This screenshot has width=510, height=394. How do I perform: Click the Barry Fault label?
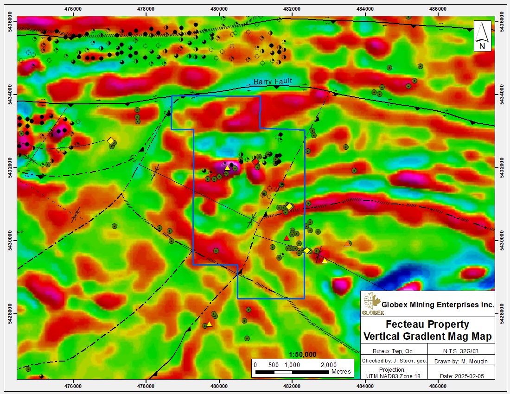point(273,82)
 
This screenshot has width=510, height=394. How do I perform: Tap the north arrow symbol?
point(482,36)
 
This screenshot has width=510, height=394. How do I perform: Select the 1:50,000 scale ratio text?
point(302,355)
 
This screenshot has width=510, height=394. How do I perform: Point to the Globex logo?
point(371,304)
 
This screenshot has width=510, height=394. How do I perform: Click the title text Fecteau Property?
point(427,324)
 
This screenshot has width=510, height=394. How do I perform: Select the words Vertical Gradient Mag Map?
point(427,336)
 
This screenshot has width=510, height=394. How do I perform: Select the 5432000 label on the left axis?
point(9,167)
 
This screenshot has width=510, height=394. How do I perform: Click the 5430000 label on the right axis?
point(503,241)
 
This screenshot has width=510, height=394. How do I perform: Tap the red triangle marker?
point(287,238)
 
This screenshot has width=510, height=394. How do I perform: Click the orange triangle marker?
point(348,243)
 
